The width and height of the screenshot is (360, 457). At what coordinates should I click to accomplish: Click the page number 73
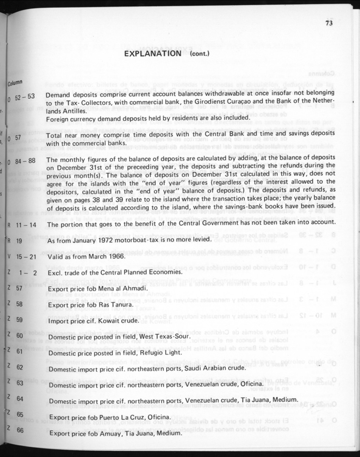pos(329,24)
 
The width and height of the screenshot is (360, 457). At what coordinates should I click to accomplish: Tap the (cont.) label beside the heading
pos(200,54)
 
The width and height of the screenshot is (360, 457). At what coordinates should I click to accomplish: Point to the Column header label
pos(15,83)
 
